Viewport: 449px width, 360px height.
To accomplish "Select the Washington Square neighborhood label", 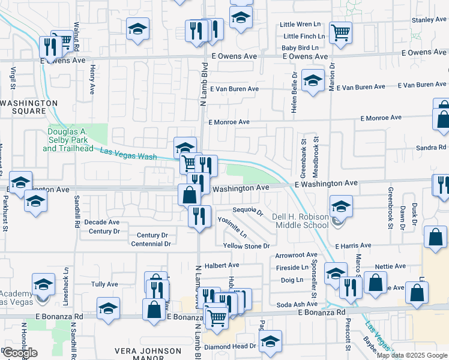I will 29,107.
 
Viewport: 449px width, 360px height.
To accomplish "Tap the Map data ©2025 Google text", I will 412,355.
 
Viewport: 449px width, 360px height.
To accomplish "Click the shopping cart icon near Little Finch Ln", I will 341,33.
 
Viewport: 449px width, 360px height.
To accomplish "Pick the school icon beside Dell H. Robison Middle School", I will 341,207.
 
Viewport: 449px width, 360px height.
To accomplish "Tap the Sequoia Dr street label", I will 248,211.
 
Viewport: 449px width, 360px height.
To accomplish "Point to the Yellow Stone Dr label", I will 247,246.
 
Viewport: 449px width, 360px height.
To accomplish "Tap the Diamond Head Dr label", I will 230,346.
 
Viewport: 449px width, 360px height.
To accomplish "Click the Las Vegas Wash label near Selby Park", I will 128,154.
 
